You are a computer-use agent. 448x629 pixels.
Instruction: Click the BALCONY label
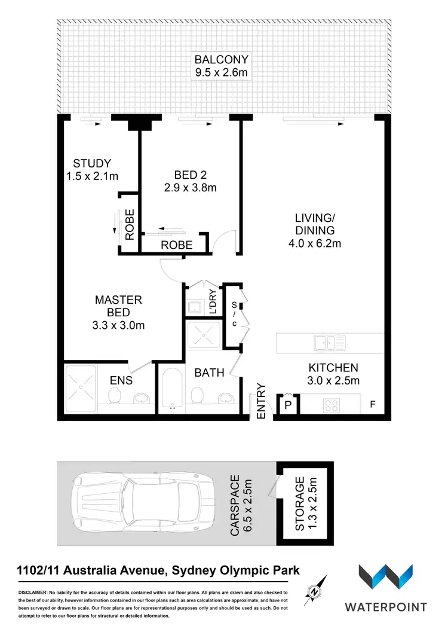point(221,60)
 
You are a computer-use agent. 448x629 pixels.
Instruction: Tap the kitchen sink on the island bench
point(329,343)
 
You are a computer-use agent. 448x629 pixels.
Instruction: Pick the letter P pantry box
point(287,406)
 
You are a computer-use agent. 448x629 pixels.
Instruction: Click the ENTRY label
point(261,401)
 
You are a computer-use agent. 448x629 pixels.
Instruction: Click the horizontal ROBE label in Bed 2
point(176,245)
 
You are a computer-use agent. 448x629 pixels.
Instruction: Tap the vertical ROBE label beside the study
point(129,225)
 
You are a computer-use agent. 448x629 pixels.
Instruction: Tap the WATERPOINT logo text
point(385,607)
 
